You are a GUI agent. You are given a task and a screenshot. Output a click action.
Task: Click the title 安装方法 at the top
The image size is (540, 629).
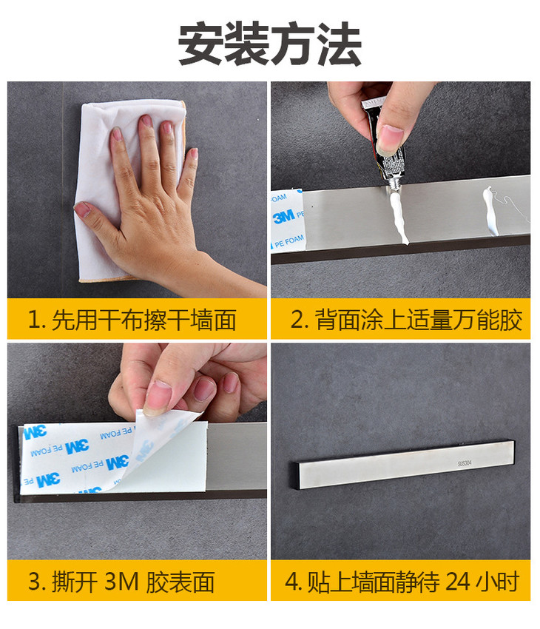click(x=270, y=44)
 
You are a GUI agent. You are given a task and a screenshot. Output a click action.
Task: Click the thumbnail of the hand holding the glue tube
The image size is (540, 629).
click(x=400, y=189)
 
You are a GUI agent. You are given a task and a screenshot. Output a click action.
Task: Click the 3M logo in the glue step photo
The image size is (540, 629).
click(x=284, y=217)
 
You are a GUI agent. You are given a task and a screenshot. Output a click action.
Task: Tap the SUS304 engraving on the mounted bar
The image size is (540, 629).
click(x=465, y=463)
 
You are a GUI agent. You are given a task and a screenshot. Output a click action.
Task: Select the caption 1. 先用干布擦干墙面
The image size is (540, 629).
click(x=132, y=320)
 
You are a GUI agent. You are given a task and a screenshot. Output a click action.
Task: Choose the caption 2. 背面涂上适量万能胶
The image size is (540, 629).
click(x=406, y=320)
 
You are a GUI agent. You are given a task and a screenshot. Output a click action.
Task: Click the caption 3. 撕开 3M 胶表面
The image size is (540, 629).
click(x=121, y=582)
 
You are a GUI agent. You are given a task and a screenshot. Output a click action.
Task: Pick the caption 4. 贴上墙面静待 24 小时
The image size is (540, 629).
click(x=402, y=582)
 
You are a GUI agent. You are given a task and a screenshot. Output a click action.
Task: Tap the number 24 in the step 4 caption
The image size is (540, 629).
click(x=457, y=582)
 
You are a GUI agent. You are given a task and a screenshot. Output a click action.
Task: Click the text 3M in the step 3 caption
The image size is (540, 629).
click(x=121, y=582)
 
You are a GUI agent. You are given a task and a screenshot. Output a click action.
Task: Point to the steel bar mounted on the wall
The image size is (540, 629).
click(x=403, y=465)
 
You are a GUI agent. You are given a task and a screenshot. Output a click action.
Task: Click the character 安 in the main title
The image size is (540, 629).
click(x=200, y=44)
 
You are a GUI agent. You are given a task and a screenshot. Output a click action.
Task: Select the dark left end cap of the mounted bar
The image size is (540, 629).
click(x=296, y=476)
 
